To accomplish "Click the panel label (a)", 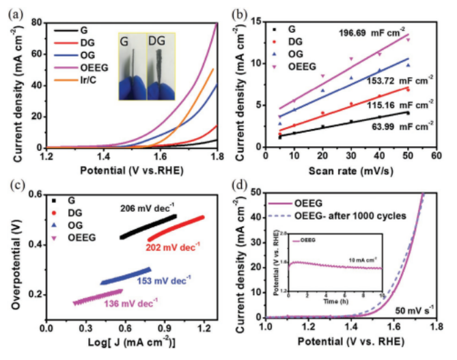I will click(15, 9).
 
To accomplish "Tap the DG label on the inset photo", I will click(156, 40).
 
